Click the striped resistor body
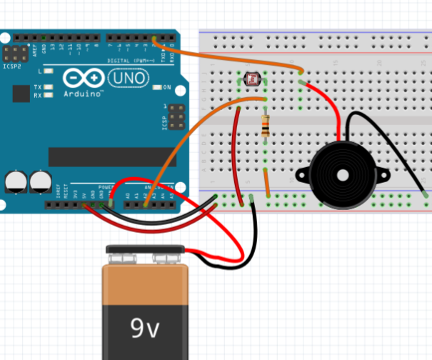tap(266, 126)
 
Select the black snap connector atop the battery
tap(146, 254)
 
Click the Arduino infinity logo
tap(80, 77)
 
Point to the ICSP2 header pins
tap(14, 53)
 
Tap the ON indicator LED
tap(157, 87)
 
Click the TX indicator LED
tap(49, 87)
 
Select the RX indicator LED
tap(49, 95)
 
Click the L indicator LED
tap(49, 71)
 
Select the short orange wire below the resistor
tap(267, 184)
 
